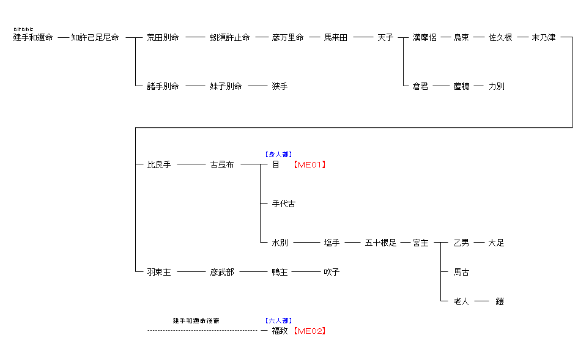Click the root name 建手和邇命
(33, 38)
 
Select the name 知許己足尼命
(95, 38)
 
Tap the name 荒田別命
(163, 38)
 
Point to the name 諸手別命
(163, 87)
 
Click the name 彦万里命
(287, 38)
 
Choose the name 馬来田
(335, 38)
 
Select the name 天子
(385, 38)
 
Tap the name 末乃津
(544, 38)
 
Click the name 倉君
(420, 87)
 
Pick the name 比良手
(159, 165)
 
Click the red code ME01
(309, 165)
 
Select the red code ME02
(309, 331)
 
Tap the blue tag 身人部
(278, 155)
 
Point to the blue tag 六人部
(278, 321)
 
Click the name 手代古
(283, 204)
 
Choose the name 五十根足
(380, 243)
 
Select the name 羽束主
(159, 273)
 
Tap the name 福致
(280, 331)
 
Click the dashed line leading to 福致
(202, 331)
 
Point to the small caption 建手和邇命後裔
(196, 321)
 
